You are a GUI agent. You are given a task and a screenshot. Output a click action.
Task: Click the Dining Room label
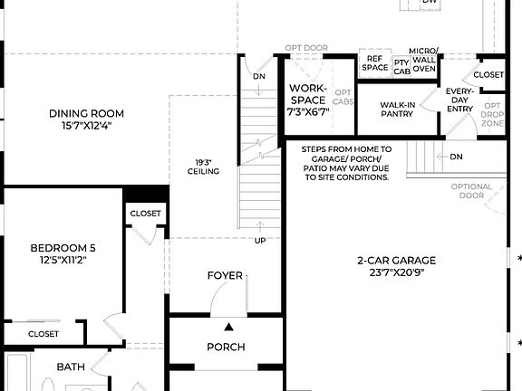pyautogui.click(x=86, y=119)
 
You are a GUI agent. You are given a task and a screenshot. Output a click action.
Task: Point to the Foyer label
pyautogui.click(x=225, y=275)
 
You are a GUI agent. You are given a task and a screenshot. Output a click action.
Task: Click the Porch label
pyautogui.click(x=226, y=347)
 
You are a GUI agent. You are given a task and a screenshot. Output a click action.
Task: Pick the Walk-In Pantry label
pyautogui.click(x=397, y=110)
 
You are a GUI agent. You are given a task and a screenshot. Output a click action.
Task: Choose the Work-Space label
pyautogui.click(x=307, y=100)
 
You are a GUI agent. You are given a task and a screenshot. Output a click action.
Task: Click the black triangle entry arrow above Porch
pyautogui.click(x=229, y=326)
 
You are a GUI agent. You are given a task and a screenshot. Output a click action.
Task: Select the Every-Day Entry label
pyautogui.click(x=459, y=100)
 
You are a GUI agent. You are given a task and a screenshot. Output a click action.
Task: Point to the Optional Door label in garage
pyautogui.click(x=471, y=191)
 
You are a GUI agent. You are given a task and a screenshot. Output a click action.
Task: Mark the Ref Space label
pyautogui.click(x=375, y=62)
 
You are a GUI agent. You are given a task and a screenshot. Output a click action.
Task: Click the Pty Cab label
pyautogui.click(x=401, y=66)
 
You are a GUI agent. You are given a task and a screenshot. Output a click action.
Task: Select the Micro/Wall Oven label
pyautogui.click(x=424, y=59)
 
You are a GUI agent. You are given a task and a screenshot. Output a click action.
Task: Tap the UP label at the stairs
pyautogui.click(x=260, y=241)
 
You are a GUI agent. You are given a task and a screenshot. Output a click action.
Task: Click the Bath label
pyautogui.click(x=71, y=367)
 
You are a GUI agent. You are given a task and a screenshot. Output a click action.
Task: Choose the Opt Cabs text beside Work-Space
pyautogui.click(x=343, y=97)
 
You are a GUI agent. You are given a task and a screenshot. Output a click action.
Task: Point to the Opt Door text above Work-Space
pyautogui.click(x=306, y=47)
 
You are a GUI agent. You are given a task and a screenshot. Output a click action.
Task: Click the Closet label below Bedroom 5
pyautogui.click(x=43, y=334)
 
